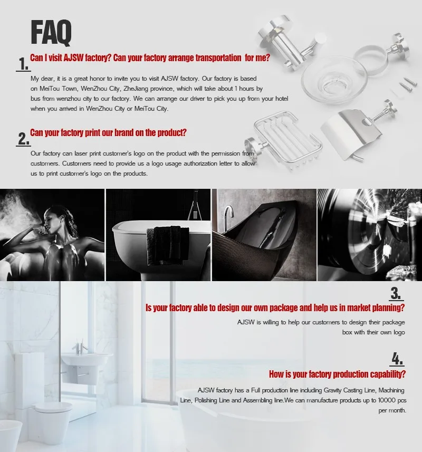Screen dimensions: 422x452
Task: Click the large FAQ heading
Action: (51, 32)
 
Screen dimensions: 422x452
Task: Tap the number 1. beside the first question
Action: (23, 64)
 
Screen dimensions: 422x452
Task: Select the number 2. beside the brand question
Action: (23, 139)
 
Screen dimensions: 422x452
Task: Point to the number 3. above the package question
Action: (396, 293)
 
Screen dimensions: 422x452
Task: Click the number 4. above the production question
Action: (397, 359)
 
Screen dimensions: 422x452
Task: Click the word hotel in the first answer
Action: (281, 98)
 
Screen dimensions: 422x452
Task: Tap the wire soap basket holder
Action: (284, 141)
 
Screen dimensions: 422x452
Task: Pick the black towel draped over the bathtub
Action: (168, 245)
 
